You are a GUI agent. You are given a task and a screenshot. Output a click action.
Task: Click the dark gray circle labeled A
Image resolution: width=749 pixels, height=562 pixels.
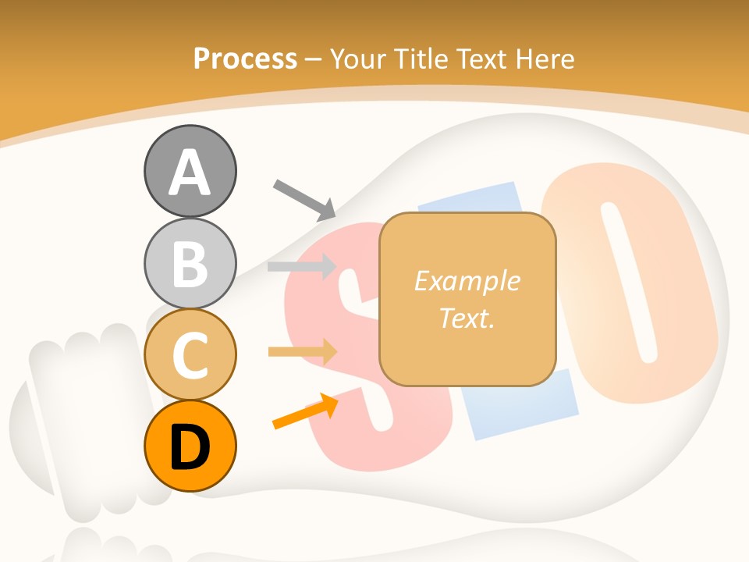tap(190, 171)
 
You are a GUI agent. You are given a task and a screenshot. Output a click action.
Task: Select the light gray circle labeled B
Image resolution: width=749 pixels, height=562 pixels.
tap(190, 263)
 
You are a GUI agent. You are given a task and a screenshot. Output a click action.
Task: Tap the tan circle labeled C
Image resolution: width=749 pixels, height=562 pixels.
tap(190, 354)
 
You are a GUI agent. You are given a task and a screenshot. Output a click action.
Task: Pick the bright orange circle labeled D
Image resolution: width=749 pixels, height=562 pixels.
tap(190, 446)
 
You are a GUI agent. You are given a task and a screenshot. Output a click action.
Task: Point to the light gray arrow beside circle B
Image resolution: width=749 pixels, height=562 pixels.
tap(301, 266)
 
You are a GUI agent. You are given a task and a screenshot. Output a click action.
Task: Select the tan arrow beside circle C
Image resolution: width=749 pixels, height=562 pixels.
tap(302, 351)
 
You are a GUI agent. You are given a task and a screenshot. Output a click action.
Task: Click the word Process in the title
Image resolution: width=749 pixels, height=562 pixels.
tap(245, 59)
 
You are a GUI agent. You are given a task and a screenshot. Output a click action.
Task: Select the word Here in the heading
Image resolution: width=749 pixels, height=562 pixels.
tap(544, 59)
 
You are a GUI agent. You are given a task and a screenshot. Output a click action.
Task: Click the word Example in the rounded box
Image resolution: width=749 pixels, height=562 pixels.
tap(467, 281)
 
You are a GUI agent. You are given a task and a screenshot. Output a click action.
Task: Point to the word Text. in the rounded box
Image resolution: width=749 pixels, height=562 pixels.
tap(467, 318)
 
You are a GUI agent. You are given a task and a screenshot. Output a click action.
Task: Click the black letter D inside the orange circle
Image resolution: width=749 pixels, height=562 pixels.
tap(190, 447)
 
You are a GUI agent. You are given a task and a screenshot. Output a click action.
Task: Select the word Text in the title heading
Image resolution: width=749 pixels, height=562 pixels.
tap(484, 59)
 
